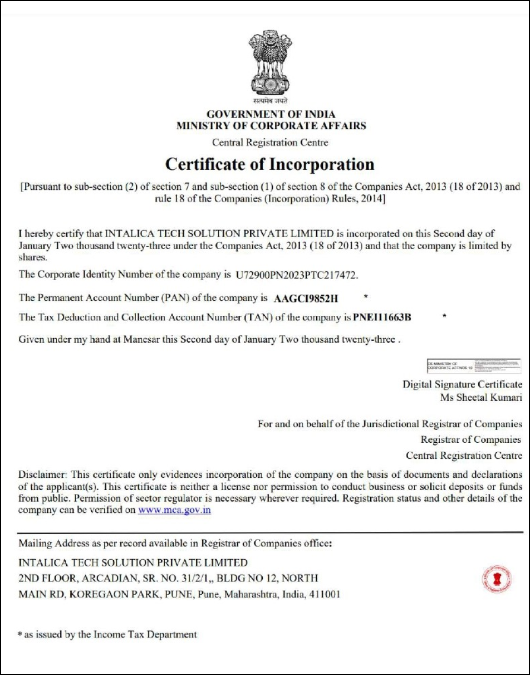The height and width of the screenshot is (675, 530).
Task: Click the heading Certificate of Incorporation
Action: tap(270, 165)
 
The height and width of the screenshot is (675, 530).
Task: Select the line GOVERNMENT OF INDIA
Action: tap(271, 115)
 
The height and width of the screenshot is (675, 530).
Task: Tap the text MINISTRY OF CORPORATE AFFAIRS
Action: tap(271, 126)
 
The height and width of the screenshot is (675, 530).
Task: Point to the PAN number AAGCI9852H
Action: tap(306, 298)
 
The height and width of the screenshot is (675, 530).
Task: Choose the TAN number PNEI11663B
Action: tap(382, 317)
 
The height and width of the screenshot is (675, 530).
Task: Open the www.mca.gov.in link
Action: tap(174, 510)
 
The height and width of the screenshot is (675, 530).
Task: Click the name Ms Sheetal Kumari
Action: tap(481, 398)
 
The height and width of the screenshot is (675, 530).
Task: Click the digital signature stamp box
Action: tap(473, 366)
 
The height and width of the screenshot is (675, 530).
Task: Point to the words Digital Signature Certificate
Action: tap(462, 384)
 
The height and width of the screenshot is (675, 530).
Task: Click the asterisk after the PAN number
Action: tap(366, 295)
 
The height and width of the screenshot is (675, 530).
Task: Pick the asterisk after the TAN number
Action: tap(444, 315)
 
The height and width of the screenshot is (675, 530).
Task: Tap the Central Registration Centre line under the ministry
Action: tap(270, 143)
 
